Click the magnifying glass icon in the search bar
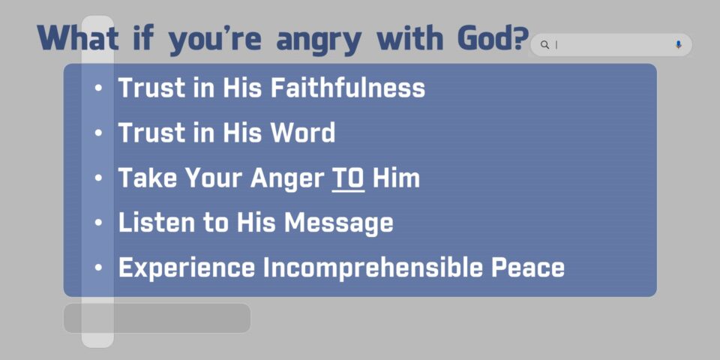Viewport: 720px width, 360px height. pos(544,44)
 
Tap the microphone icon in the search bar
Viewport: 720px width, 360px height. pos(679,44)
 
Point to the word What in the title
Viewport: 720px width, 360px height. pos(78,38)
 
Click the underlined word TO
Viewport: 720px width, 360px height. pos(348,178)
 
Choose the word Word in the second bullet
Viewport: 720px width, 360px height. pos(302,133)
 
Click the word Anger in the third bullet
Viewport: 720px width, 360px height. pos(287,179)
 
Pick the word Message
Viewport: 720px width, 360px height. pos(339,223)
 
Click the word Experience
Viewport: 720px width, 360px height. pos(187,268)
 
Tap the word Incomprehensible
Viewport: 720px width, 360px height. pos(373,268)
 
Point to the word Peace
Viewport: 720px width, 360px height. pos(528,268)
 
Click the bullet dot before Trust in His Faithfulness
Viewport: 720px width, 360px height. pos(97,88)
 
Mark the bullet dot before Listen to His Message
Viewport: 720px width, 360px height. pos(97,223)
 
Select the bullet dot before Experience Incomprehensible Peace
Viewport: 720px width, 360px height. pos(97,268)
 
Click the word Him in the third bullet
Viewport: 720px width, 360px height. pos(396,178)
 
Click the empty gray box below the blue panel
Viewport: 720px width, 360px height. pos(157,318)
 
